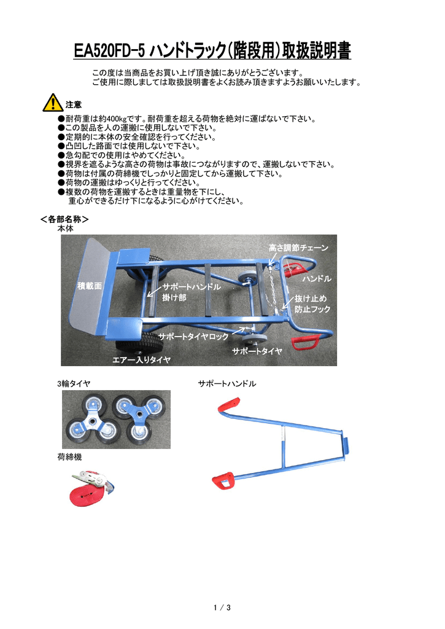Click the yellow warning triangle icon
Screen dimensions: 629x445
pos(53,103)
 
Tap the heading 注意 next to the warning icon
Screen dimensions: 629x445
pos(74,105)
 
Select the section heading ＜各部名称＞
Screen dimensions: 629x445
pos(64,219)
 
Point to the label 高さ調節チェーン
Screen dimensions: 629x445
pos(298,248)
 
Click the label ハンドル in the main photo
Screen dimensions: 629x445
pos(317,279)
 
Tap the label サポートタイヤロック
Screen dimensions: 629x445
pos(193,337)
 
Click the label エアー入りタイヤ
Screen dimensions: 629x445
pos(141,359)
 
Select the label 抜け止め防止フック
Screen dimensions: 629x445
pos(312,303)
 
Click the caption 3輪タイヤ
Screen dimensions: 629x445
pos(74,383)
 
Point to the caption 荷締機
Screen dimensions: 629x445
pos(69,457)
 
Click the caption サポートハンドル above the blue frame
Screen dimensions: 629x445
pos(226,383)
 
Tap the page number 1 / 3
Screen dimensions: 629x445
pos(222,608)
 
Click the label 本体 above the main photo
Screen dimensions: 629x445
pos(65,228)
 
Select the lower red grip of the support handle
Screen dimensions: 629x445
pos(223,479)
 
